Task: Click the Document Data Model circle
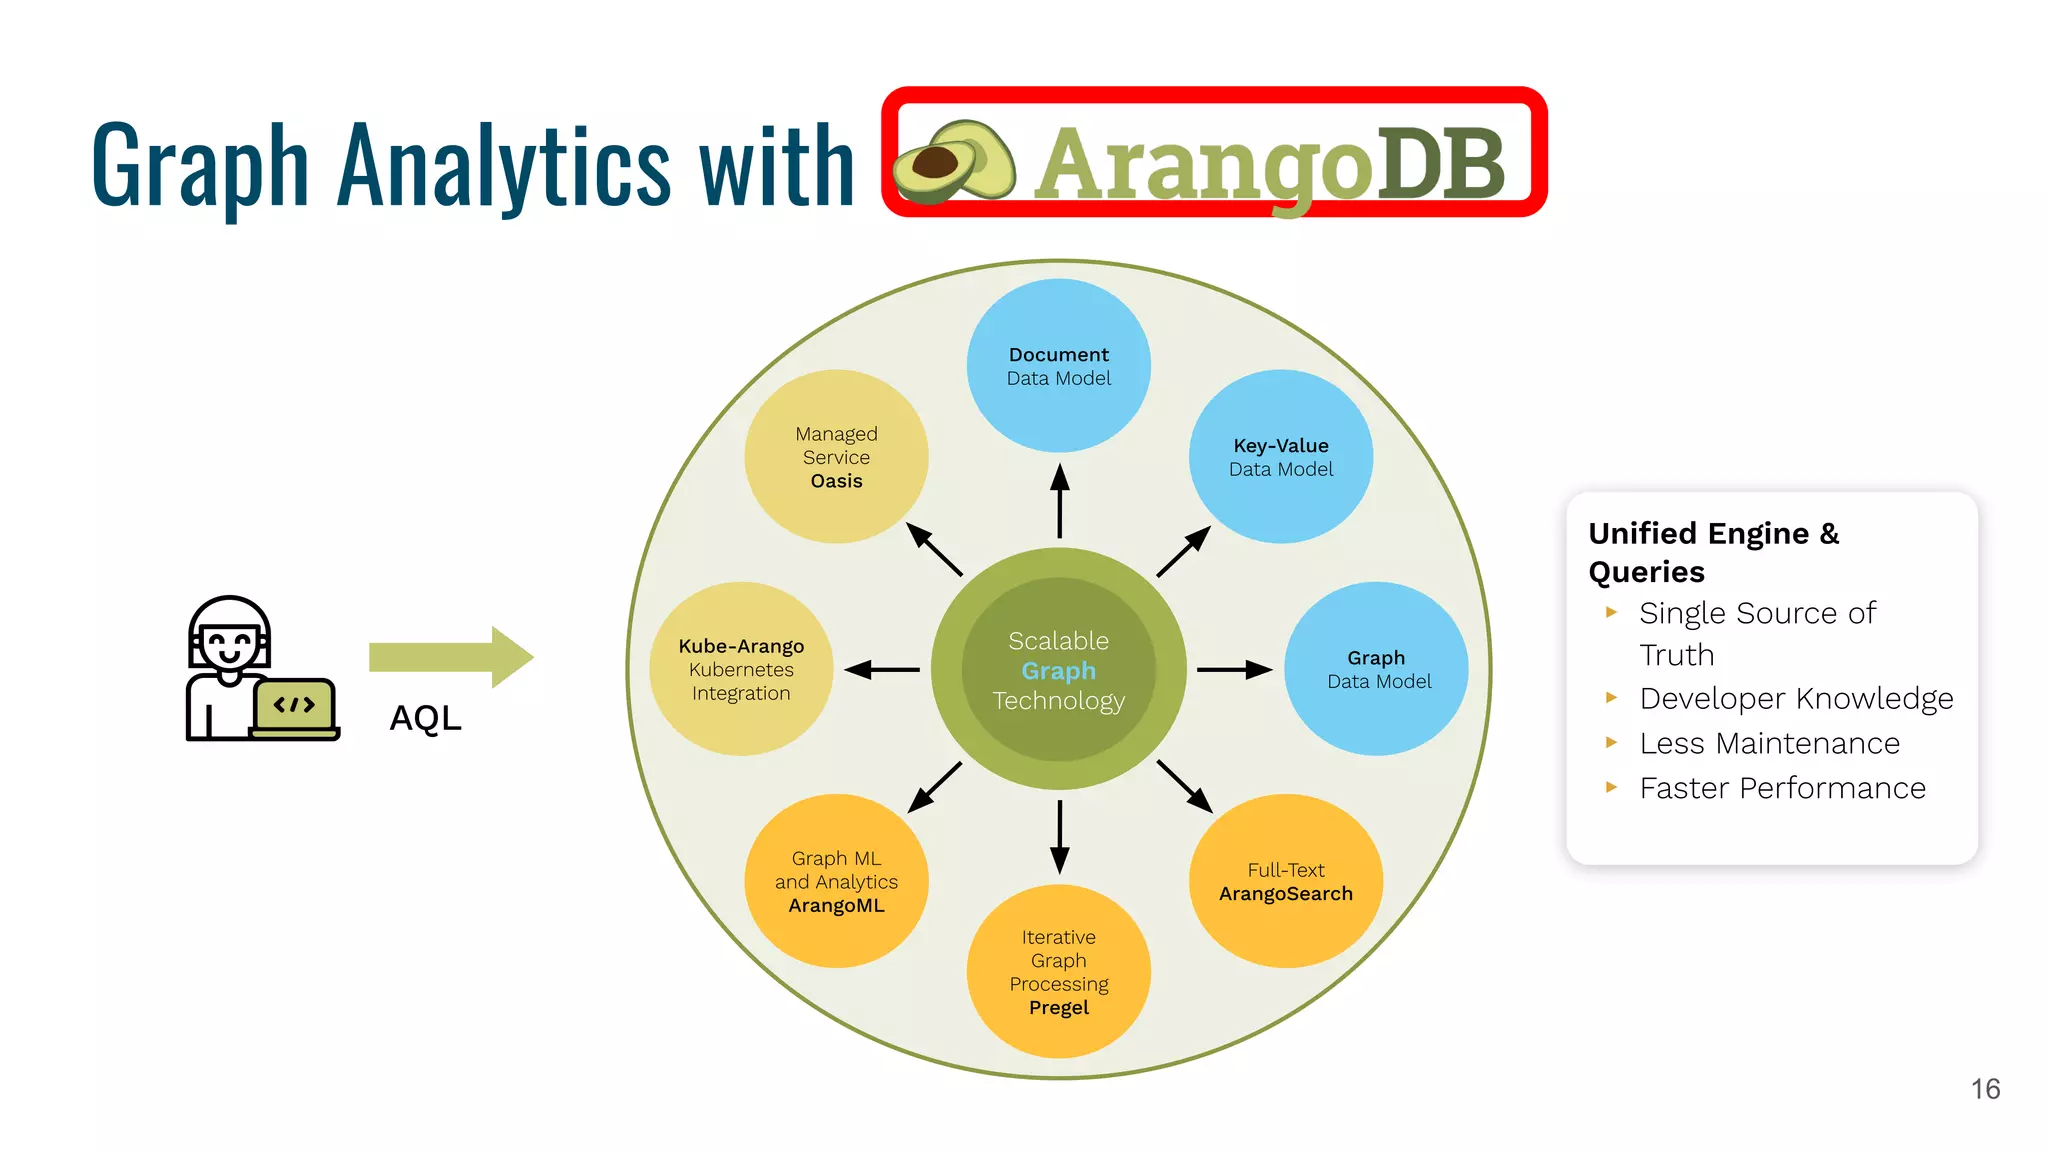point(1058,366)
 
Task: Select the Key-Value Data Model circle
point(1280,457)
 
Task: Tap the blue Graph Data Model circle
point(1376,669)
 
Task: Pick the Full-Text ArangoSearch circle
point(1285,881)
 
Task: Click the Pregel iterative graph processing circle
point(1058,971)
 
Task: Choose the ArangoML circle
point(836,881)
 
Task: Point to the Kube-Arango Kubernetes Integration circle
point(741,669)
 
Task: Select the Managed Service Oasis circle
point(836,457)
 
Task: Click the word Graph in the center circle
point(1058,671)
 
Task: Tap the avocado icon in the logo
point(953,162)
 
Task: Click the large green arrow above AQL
point(451,657)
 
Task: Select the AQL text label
point(425,718)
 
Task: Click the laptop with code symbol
point(294,708)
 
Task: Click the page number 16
point(1985,1089)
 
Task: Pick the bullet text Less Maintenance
point(1769,743)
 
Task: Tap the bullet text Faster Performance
point(1782,788)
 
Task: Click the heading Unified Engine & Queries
point(1712,552)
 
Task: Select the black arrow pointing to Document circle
point(1060,501)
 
